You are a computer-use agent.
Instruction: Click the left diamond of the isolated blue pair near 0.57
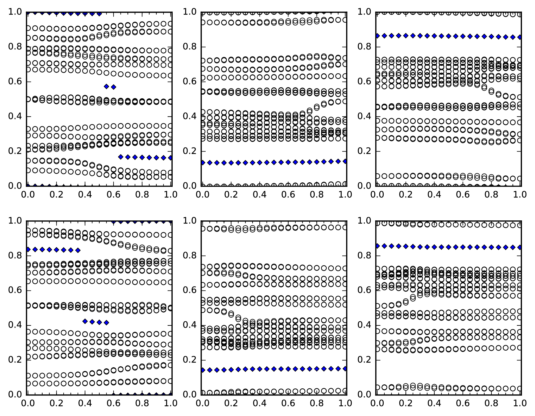coord(106,86)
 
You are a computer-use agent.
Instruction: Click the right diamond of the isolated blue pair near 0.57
coord(114,87)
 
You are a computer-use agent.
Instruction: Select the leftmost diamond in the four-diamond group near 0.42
coord(85,321)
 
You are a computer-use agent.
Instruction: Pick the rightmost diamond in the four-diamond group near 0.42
coord(106,323)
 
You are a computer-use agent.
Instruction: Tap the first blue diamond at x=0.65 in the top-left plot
coord(121,157)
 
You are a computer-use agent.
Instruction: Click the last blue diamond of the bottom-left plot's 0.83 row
coord(78,250)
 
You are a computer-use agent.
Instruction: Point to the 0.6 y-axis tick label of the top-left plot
coord(15,81)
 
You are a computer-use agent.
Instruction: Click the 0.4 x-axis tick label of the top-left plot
coord(85,195)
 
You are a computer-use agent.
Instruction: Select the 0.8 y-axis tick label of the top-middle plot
coord(189,47)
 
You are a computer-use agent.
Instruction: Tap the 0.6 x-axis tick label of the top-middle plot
coord(288,195)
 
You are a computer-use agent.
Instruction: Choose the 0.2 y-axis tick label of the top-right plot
coord(364,151)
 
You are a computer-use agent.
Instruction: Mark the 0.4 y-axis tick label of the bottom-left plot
coord(15,325)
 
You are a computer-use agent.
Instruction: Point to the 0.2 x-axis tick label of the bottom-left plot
coord(56,403)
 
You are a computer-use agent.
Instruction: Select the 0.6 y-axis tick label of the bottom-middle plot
coord(189,290)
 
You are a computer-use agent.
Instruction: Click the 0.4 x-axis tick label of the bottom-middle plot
coord(259,403)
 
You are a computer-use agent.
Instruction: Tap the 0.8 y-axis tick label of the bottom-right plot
coord(364,255)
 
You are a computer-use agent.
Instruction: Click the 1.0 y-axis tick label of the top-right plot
coord(364,12)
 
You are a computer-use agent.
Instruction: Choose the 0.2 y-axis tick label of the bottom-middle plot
coord(189,360)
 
